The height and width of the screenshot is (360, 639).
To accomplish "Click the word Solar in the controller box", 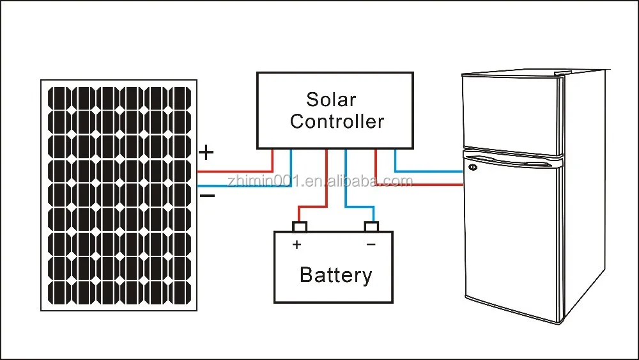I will tap(331, 100).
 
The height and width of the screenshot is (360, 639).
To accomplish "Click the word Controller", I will tap(337, 121).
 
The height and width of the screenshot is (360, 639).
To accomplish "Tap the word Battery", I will tap(335, 275).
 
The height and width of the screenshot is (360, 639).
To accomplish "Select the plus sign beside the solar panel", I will tap(206, 153).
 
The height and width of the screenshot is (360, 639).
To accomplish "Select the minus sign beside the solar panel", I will tap(207, 195).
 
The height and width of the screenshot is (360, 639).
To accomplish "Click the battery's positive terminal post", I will tap(300, 226).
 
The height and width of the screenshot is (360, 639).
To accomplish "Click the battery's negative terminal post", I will tap(371, 226).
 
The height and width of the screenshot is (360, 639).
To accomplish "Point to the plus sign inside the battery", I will tap(296, 244).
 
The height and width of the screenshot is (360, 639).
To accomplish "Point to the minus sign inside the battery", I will tap(371, 244).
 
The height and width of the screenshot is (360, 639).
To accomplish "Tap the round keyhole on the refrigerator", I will tap(473, 168).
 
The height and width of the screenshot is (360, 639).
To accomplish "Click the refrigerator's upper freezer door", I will tap(511, 112).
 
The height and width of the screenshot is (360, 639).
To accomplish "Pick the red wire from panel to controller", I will tap(236, 171).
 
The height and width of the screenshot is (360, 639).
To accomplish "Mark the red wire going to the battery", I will tap(327, 192).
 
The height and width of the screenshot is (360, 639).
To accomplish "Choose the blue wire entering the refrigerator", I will tap(428, 171).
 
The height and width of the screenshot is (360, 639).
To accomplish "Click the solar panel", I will tap(119, 195).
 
